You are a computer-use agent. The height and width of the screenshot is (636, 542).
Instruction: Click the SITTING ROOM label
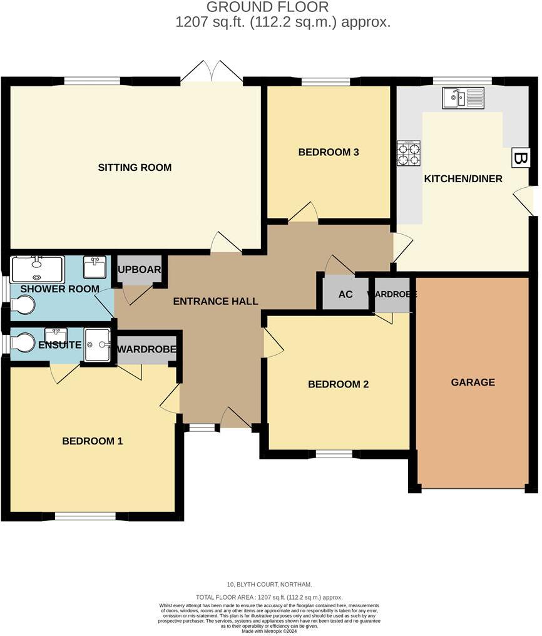point(135,168)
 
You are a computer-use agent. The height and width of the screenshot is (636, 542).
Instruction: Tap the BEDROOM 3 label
point(328,152)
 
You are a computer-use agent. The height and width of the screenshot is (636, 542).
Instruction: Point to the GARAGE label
point(473,382)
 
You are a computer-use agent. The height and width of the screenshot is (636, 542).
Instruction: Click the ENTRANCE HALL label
point(215,302)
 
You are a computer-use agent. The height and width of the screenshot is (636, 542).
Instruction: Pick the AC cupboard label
point(345,294)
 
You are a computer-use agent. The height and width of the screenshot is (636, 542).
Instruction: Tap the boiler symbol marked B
point(520,158)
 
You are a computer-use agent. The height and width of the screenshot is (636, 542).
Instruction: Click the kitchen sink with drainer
point(463,98)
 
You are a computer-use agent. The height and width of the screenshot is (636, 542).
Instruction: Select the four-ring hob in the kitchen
point(408,153)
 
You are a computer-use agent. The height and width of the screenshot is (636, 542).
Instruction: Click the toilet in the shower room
point(24,305)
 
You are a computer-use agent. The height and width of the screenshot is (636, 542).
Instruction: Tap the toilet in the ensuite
point(24,343)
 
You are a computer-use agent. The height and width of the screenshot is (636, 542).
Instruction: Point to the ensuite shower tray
point(97,344)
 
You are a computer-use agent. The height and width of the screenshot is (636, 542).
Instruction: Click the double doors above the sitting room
point(212,73)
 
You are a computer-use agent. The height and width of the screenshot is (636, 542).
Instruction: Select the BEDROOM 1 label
point(93,441)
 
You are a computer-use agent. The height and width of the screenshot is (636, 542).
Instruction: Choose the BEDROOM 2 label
point(338,384)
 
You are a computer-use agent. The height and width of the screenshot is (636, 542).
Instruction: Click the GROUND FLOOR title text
point(267,8)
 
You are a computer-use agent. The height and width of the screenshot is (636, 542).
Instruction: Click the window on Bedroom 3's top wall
point(325,81)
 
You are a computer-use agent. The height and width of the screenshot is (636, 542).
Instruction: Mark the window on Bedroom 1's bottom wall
point(84,516)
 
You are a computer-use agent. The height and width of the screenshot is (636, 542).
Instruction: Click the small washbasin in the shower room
point(95,267)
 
